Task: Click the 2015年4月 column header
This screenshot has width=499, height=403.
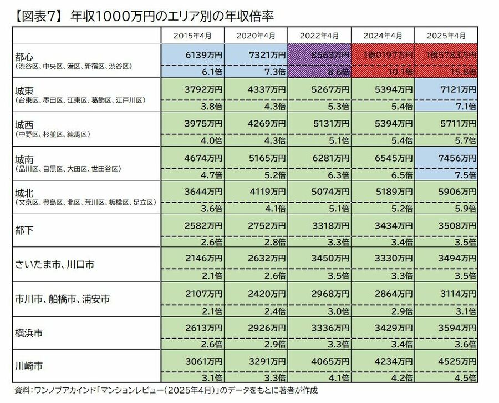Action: pyautogui.click(x=192, y=35)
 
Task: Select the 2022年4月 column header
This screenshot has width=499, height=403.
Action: pyautogui.click(x=319, y=35)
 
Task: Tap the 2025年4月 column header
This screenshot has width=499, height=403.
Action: pyautogui.click(x=446, y=35)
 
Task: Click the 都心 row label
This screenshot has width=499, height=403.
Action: pyautogui.click(x=25, y=56)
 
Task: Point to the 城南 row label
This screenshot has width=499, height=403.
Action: pyautogui.click(x=25, y=159)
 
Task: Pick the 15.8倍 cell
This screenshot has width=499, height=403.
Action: pyautogui.click(x=463, y=72)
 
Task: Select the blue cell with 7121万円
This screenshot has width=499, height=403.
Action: pyautogui.click(x=457, y=89)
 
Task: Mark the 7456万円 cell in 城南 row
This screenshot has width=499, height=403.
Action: pyautogui.click(x=457, y=158)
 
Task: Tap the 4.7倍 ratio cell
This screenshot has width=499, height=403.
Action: pyautogui.click(x=212, y=175)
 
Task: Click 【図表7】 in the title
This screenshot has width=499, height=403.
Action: pyautogui.click(x=36, y=17)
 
